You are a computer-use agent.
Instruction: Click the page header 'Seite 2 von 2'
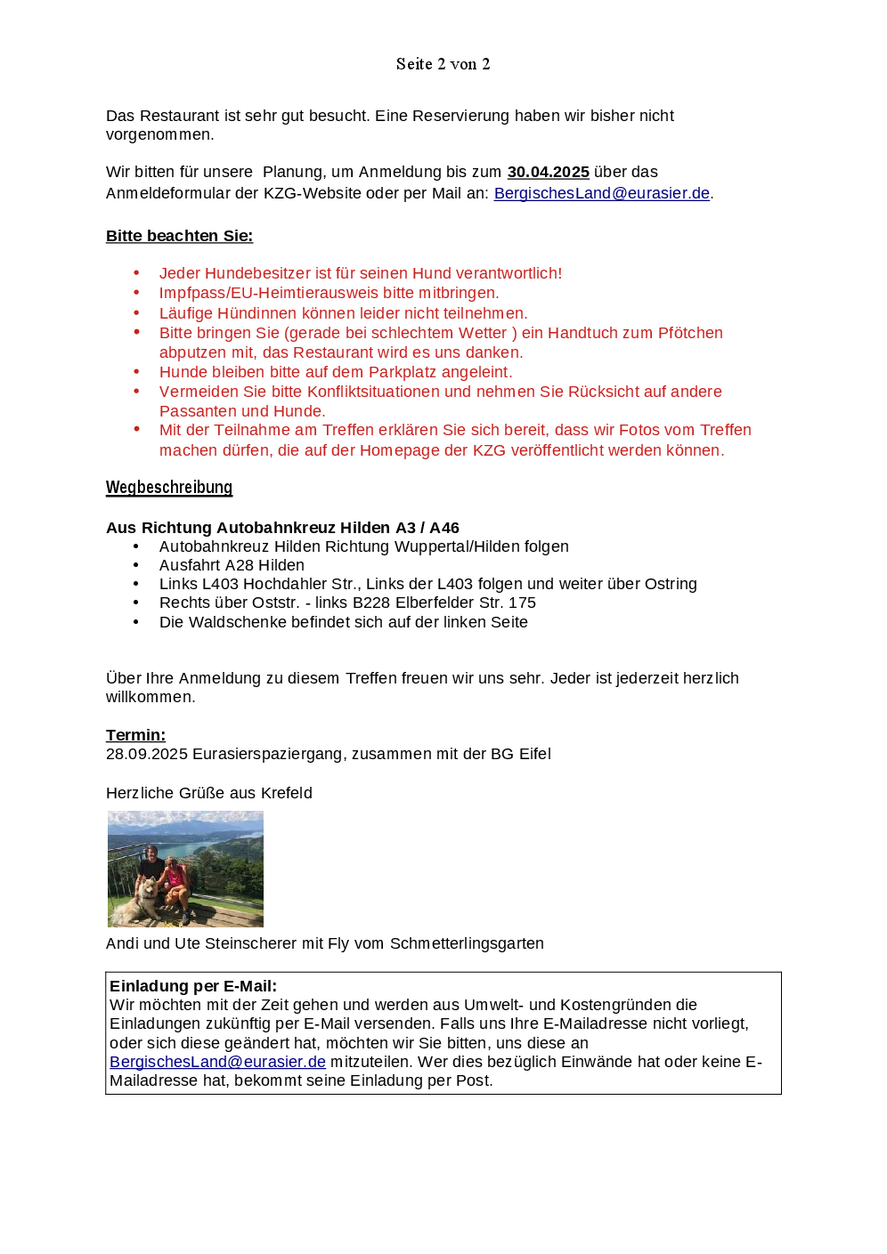click(443, 64)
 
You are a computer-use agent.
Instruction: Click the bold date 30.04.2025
click(548, 172)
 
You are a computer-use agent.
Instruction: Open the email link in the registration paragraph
click(601, 193)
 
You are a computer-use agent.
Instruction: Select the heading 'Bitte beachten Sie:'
click(179, 236)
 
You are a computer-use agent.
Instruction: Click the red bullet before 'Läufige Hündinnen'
click(136, 312)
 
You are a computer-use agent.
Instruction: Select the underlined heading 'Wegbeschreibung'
click(169, 487)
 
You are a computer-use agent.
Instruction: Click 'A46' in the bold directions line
click(443, 528)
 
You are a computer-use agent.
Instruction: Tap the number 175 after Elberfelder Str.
click(522, 603)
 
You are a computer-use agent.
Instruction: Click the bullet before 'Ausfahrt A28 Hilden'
click(136, 565)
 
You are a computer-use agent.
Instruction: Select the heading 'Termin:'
click(135, 735)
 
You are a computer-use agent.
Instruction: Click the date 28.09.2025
click(146, 754)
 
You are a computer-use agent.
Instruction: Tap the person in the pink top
click(177, 880)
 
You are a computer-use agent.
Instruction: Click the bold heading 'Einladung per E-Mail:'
click(193, 986)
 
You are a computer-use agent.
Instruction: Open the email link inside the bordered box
click(217, 1062)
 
